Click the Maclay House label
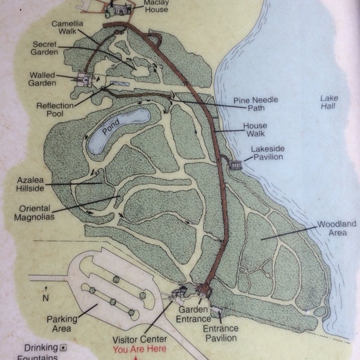(x=157, y=5)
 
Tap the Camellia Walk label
(x=67, y=28)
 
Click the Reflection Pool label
(x=55, y=110)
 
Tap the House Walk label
(x=254, y=130)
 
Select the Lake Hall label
(x=328, y=102)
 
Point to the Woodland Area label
(x=337, y=228)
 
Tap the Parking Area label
(x=62, y=324)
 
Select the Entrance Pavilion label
(x=220, y=333)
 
